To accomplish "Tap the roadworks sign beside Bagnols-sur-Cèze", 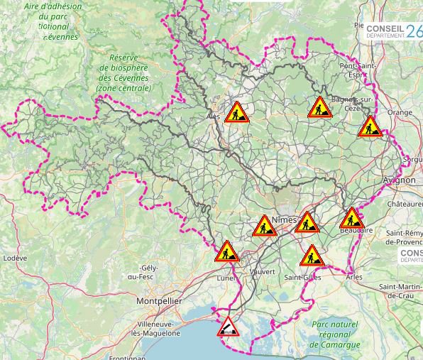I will (319, 108).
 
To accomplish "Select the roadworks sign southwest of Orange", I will (370, 127).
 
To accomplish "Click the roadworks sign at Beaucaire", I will (351, 218).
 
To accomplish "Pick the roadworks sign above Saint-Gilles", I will (311, 256).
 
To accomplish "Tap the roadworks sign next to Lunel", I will (227, 251).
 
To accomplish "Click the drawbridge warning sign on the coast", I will (228, 327).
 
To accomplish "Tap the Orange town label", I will (399, 112).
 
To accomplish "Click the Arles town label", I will (353, 277).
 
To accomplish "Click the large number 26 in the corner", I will (414, 30).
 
